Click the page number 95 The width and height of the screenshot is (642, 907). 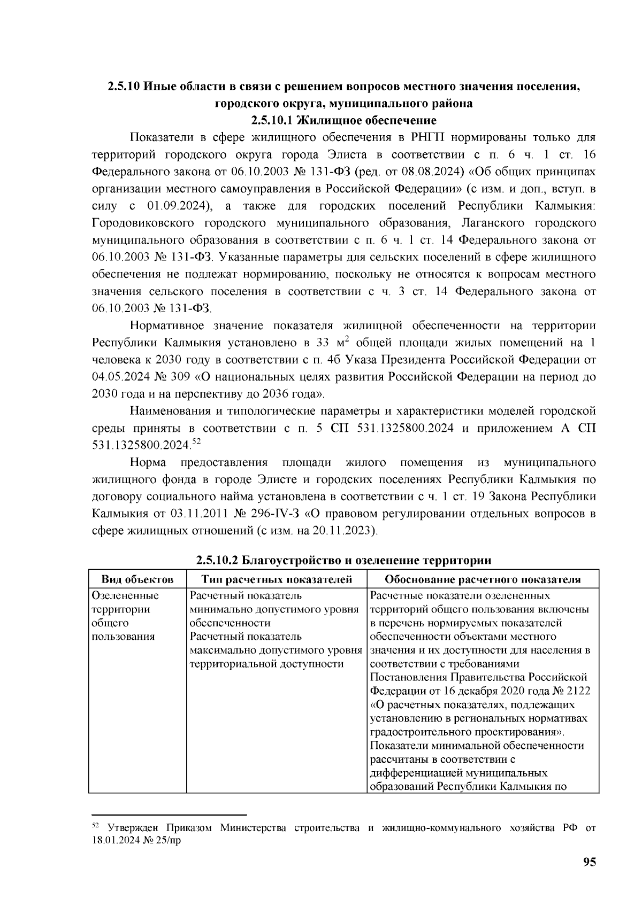point(589,862)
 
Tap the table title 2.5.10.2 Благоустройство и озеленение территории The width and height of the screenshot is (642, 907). point(343,560)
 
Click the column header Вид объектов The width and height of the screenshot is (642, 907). point(137,579)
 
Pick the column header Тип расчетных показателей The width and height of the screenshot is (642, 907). point(277,579)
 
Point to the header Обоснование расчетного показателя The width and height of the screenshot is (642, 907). point(483,579)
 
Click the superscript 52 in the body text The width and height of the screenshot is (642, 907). point(196,441)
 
